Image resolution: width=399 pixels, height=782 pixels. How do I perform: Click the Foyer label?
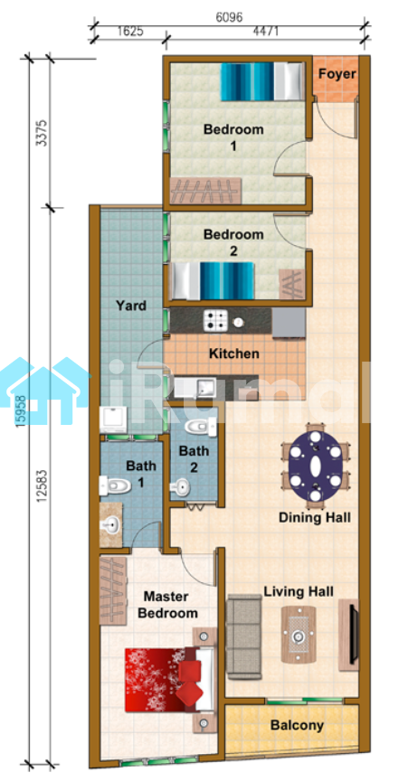pyautogui.click(x=337, y=74)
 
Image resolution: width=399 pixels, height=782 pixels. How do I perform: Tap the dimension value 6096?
pyautogui.click(x=229, y=17)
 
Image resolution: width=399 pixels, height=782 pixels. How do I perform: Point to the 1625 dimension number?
pyautogui.click(x=130, y=32)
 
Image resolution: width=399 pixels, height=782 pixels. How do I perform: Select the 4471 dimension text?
pyautogui.click(x=266, y=32)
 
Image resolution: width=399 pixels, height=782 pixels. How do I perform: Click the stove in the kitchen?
pyautogui.click(x=215, y=320)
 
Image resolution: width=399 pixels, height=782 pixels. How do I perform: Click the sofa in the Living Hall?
pyautogui.click(x=244, y=636)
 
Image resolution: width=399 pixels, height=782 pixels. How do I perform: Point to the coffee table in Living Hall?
pyautogui.click(x=299, y=635)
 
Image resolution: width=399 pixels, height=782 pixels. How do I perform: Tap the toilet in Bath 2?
pyautogui.click(x=200, y=427)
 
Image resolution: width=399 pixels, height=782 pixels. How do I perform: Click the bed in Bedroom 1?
pyautogui.click(x=262, y=81)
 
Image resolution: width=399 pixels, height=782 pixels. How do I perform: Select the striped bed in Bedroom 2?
pyautogui.click(x=213, y=281)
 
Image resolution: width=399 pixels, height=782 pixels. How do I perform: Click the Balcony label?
pyautogui.click(x=297, y=725)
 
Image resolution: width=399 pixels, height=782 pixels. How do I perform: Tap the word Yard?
pyautogui.click(x=131, y=305)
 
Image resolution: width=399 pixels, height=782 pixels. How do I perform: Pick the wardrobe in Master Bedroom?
pyautogui.click(x=113, y=590)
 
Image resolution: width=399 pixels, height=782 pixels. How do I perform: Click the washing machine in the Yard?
pyautogui.click(x=113, y=419)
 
